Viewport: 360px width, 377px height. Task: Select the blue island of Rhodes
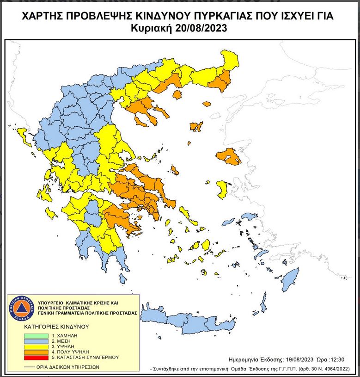(290, 280)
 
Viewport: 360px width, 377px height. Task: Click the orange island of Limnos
(196, 126)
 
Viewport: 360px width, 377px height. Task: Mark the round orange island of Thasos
(177, 94)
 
